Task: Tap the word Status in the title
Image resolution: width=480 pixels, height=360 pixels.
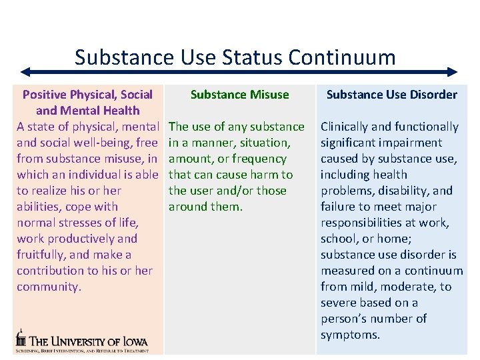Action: coord(252,57)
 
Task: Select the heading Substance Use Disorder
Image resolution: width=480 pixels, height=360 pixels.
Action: coord(392,95)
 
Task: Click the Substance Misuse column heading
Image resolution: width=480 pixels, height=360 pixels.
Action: coord(240,95)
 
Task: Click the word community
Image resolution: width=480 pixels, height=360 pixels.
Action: coord(49,287)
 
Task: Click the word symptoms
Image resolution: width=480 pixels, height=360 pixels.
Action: coord(350,335)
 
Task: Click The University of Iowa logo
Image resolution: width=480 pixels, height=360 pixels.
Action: coord(82,341)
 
